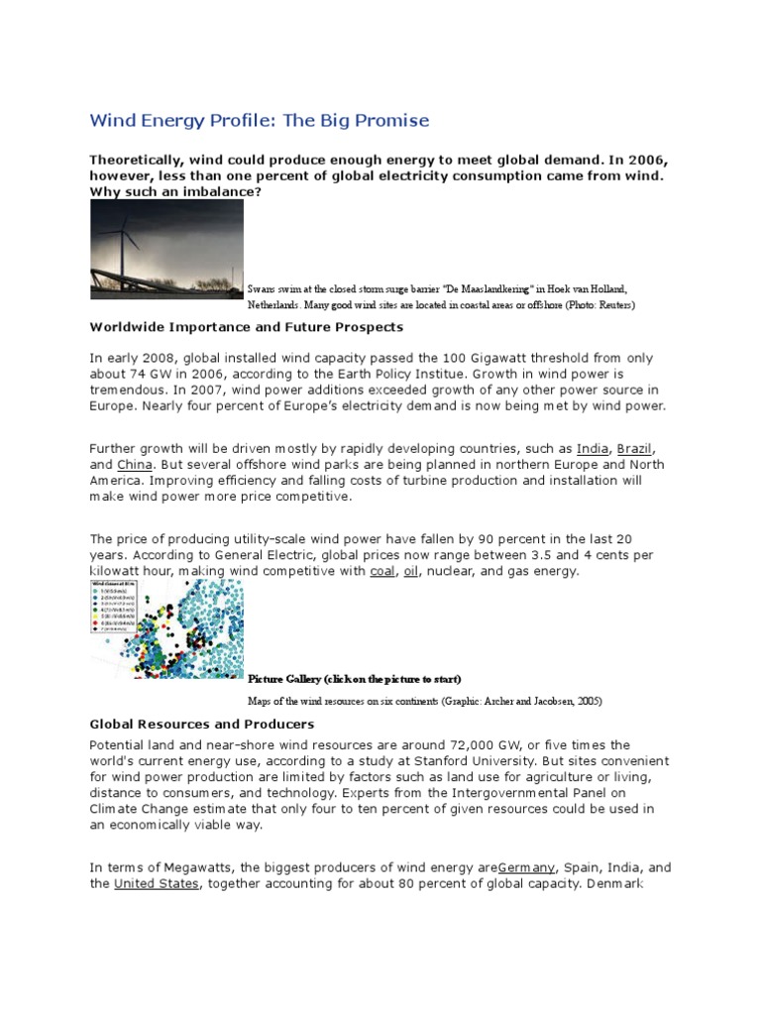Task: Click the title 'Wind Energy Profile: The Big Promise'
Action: [x=260, y=120]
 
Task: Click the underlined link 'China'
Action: [x=134, y=464]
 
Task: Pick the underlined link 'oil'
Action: [x=412, y=571]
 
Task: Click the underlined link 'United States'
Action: [x=158, y=883]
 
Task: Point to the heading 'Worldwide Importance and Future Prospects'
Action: [x=247, y=326]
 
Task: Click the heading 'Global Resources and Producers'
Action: [x=201, y=725]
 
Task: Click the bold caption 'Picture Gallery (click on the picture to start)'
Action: [x=354, y=678]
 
